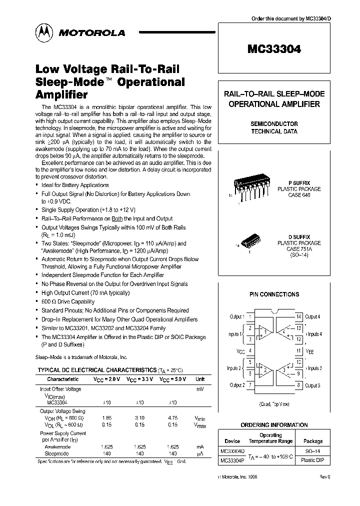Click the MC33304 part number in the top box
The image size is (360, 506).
point(273,49)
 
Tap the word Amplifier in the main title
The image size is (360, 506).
point(61,94)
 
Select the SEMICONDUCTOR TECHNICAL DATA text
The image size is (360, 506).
point(274,127)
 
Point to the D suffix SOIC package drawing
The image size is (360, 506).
point(248,242)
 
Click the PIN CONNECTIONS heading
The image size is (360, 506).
point(274,294)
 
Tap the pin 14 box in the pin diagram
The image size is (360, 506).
point(298,317)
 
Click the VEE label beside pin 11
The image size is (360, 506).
point(310,351)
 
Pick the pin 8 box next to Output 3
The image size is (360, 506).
point(298,385)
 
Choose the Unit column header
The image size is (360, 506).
point(200,379)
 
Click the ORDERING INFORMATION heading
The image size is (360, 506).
point(274,425)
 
